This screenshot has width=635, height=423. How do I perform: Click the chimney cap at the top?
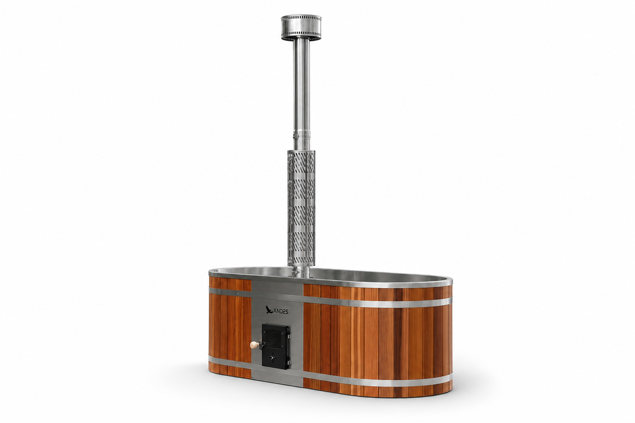(301, 27)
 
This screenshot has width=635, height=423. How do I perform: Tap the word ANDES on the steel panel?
(281, 311)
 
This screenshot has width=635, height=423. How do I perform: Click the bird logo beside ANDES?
(269, 310)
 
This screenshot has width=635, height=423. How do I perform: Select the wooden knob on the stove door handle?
(254, 345)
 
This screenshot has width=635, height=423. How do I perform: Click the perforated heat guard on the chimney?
(301, 208)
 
